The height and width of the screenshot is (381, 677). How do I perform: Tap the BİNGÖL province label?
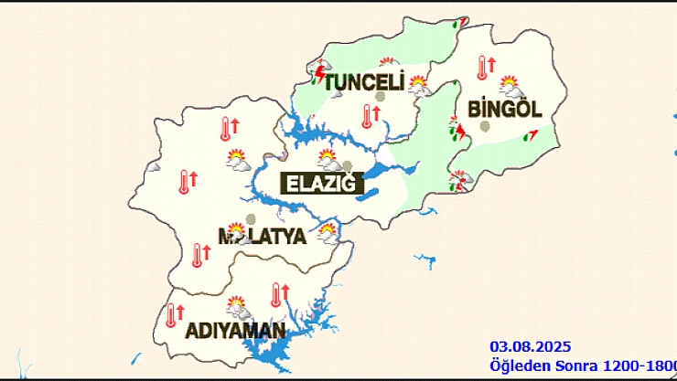pos(505,109)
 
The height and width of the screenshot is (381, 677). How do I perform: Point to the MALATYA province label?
pos(262,237)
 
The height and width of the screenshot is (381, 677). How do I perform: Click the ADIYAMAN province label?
pos(235,330)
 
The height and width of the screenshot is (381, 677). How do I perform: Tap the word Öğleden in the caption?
pos(515,365)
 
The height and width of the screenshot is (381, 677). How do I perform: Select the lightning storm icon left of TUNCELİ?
pos(321,71)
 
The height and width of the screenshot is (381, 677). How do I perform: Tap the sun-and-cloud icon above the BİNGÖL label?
pos(510,87)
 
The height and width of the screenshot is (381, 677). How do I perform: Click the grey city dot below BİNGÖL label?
pos(483,126)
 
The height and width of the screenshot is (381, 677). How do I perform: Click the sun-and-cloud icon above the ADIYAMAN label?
pos(238,306)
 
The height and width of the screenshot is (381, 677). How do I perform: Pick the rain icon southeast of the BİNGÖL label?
pos(530,136)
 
